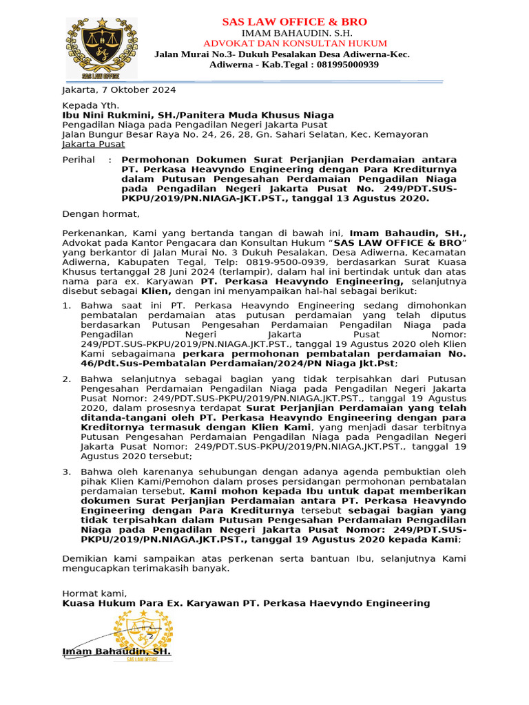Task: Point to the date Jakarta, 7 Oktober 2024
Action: tap(119, 90)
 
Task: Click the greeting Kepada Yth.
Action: tap(86, 105)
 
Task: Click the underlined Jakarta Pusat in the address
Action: tap(94, 145)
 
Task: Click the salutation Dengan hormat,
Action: tap(101, 214)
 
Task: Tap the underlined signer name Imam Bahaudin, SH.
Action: tap(116, 651)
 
